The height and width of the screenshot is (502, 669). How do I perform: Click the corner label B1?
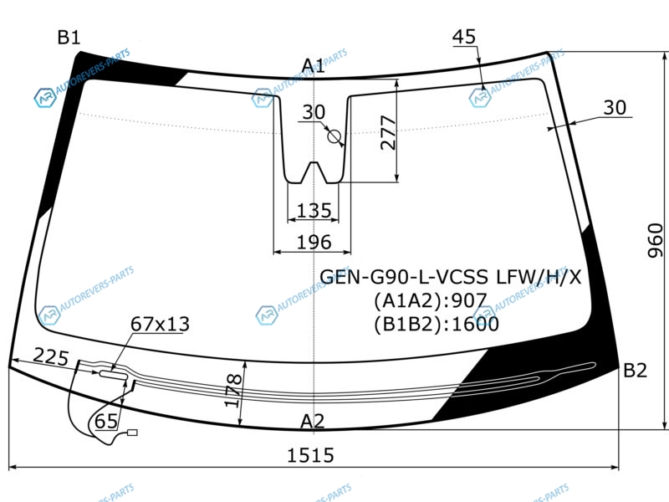(x=69, y=38)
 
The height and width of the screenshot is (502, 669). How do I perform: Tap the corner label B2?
(x=635, y=370)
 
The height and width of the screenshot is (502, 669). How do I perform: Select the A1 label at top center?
(x=313, y=66)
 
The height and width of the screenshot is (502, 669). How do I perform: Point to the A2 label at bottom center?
(x=312, y=422)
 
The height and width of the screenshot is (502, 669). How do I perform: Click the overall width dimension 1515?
(x=310, y=455)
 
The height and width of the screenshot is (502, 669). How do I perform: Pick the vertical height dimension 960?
(x=655, y=240)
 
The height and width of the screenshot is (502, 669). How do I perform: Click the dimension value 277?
(x=388, y=132)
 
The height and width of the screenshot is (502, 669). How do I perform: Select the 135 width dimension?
(x=314, y=211)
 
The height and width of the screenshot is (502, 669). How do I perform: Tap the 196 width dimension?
(x=314, y=242)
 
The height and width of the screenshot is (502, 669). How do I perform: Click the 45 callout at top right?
(x=464, y=37)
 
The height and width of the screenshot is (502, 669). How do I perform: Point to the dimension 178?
(x=233, y=391)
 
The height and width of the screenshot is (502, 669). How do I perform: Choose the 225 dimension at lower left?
(x=51, y=357)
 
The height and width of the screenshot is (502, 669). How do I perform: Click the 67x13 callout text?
(x=160, y=324)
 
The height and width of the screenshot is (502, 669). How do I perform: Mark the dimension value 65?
(x=106, y=422)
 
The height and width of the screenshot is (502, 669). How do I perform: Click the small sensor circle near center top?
(x=334, y=136)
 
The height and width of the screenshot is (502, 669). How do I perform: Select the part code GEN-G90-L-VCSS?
(x=404, y=277)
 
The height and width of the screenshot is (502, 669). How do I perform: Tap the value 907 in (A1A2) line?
(x=469, y=300)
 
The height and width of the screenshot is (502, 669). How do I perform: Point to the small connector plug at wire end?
(x=133, y=433)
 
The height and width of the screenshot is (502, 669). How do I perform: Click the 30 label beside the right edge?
(x=615, y=108)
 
